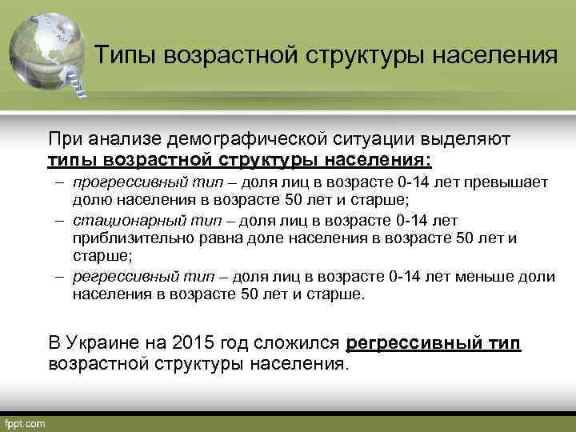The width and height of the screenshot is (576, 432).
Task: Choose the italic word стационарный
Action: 115,220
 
